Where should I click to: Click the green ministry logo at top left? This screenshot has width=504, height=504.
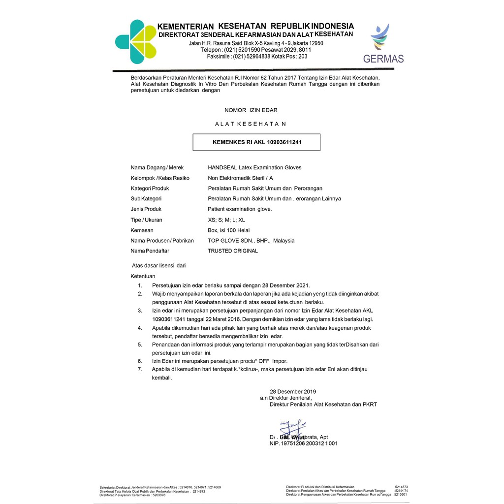(135, 42)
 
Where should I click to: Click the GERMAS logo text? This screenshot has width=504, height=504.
(383, 59)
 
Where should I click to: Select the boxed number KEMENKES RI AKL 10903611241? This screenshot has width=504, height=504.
(256, 142)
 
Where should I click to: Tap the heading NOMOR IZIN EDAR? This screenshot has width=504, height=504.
(251, 110)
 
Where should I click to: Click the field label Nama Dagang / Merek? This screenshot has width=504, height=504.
(157, 168)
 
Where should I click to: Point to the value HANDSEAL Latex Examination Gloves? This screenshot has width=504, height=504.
(254, 168)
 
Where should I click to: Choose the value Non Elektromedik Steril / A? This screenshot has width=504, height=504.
(240, 178)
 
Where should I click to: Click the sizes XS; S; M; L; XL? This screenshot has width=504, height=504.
(226, 220)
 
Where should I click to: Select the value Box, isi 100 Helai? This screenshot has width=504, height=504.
(229, 230)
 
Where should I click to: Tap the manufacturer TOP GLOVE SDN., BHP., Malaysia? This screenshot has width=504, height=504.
(251, 241)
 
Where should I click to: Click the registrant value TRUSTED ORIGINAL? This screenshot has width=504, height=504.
(233, 251)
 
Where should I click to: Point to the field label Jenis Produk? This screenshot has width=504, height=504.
(146, 209)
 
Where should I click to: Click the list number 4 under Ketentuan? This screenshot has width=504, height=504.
(140, 327)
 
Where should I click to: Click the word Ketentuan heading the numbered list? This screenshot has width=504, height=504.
(143, 276)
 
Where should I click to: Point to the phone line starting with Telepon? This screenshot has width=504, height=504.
(255, 50)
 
